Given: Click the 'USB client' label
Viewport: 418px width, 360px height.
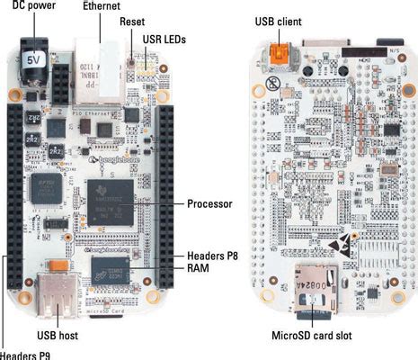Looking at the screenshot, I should (279, 19).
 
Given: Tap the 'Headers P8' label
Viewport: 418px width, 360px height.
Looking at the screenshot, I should (209, 255).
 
